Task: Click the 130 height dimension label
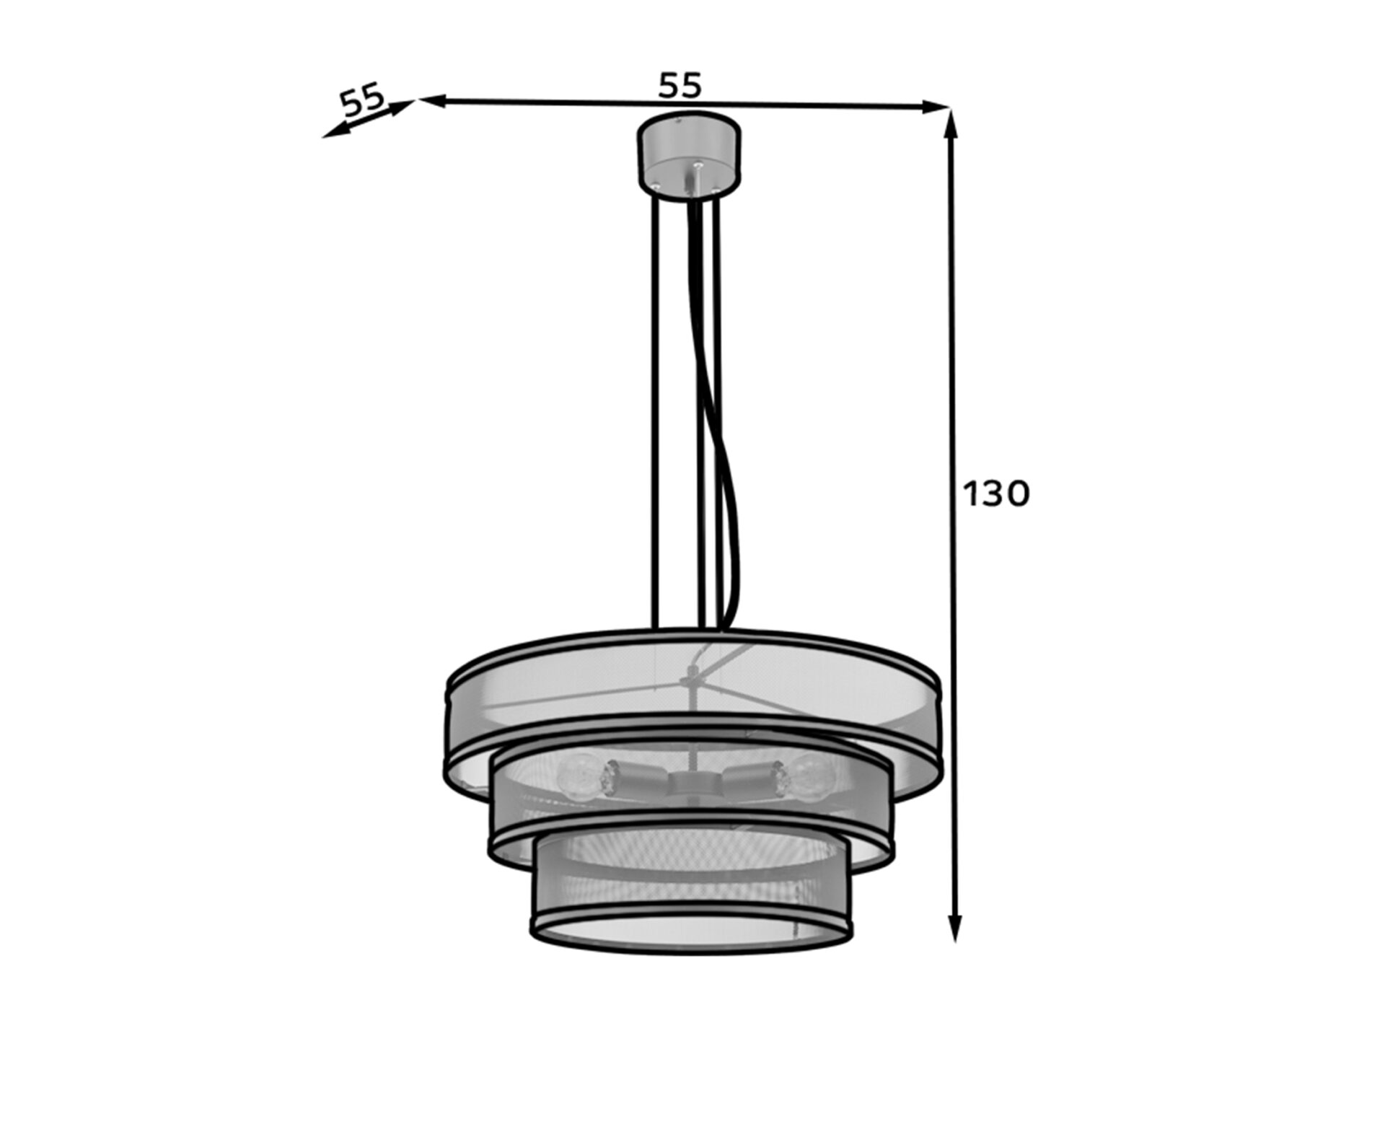pyautogui.click(x=997, y=494)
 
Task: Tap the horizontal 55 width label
pyautogui.click(x=680, y=86)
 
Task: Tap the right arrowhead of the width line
pyautogui.click(x=935, y=107)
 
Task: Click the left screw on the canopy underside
pyautogui.click(x=656, y=185)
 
